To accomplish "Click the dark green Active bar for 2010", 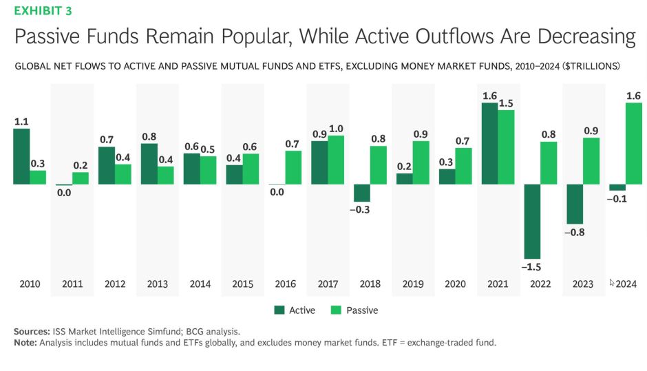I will point(21,156).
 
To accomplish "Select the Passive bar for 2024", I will point(633,143).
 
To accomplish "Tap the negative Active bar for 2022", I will point(532,221).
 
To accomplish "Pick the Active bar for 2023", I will point(574,204).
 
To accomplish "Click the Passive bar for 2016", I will point(293,167).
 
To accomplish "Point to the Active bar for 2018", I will point(361,193).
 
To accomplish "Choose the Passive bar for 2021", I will point(506,147).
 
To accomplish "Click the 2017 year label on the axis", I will point(328,284).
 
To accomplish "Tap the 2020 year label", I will point(456,284).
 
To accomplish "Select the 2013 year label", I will point(158,284).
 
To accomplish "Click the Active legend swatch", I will point(279,310).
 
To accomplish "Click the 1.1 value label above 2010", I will point(22,121).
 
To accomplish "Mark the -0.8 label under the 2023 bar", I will point(574,233).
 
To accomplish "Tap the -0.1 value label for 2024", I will point(617,200).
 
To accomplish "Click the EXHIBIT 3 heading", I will point(43,11).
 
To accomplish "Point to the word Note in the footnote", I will point(26,342).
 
